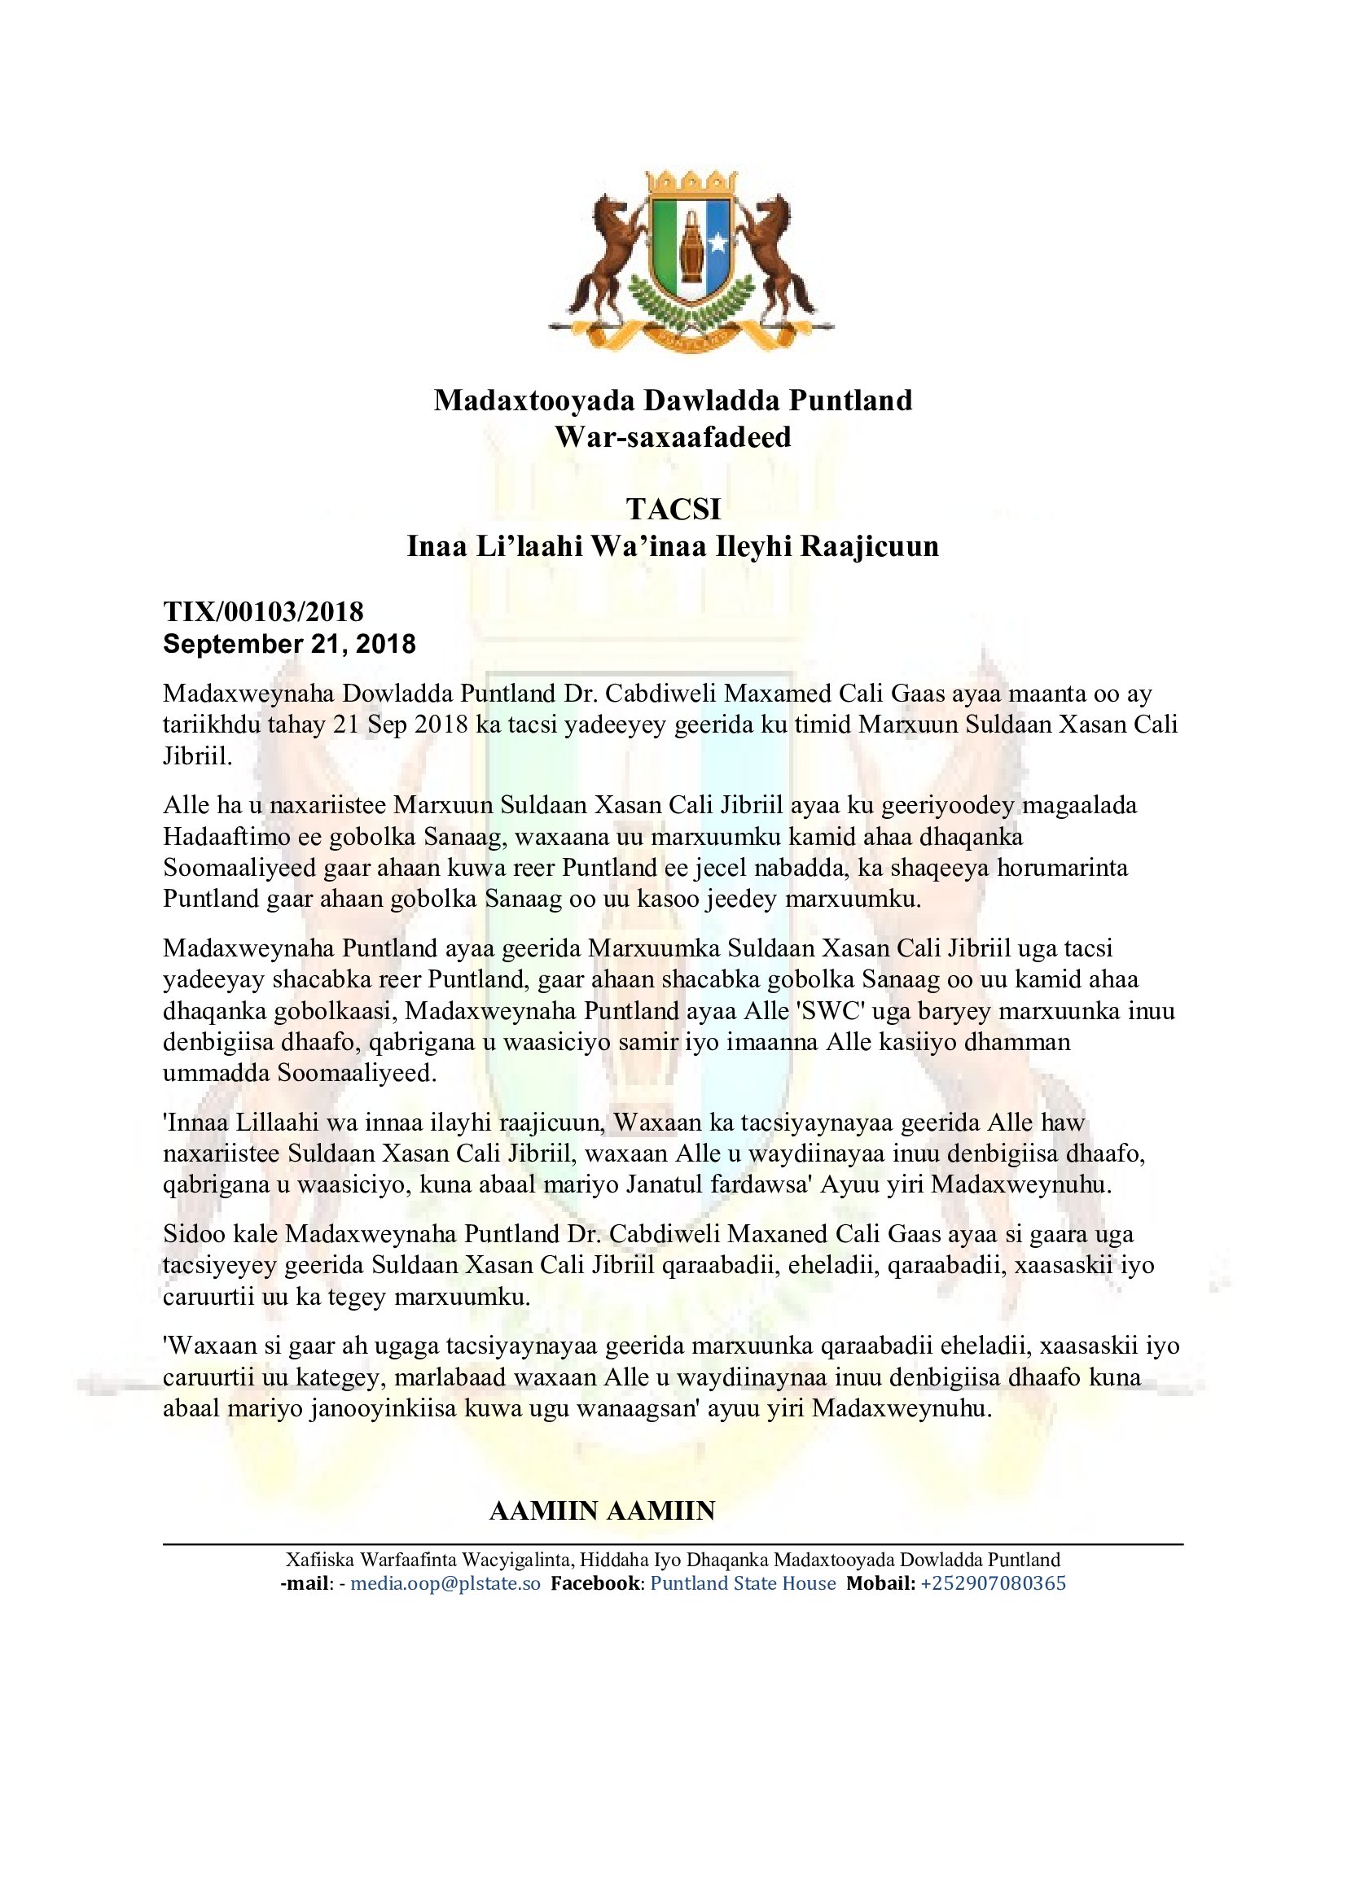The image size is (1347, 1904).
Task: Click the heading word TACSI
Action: pyautogui.click(x=673, y=509)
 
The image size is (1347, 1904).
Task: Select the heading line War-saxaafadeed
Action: pyautogui.click(x=673, y=437)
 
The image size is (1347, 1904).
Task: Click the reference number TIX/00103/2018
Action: pyautogui.click(x=263, y=612)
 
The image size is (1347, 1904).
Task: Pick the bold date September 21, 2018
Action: pyautogui.click(x=289, y=645)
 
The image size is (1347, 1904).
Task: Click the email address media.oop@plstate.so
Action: pyautogui.click(x=445, y=1584)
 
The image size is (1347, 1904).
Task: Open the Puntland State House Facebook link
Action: pyautogui.click(x=743, y=1584)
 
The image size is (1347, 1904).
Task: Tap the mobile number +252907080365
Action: pyautogui.click(x=993, y=1584)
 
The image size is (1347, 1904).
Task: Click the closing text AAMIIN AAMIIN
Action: pyautogui.click(x=602, y=1511)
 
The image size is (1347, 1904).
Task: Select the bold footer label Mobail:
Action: pyautogui.click(x=880, y=1584)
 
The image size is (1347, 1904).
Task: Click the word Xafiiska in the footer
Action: pyautogui.click(x=319, y=1560)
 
